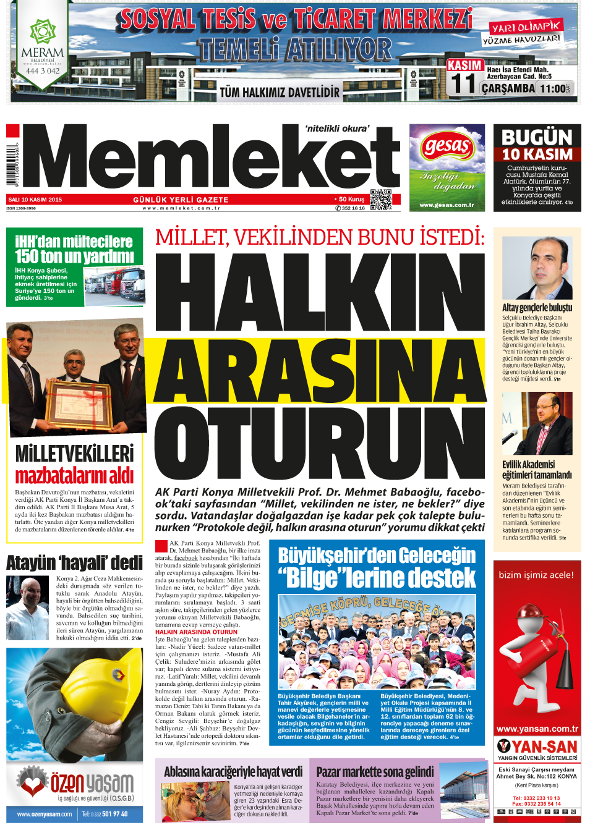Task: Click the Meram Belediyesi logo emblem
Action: tap(43, 31)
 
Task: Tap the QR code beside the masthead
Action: tap(380, 200)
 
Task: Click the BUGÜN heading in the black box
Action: tap(537, 137)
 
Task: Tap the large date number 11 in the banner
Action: tap(463, 84)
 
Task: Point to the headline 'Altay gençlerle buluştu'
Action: tap(537, 307)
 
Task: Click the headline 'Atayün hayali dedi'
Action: tap(74, 563)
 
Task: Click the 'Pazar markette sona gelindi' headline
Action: tap(375, 771)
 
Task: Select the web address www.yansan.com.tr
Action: tap(537, 729)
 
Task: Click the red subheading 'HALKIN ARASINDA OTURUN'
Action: tap(196, 632)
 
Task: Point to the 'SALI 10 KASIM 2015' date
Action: tap(35, 200)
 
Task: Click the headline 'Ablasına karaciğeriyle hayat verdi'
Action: tap(233, 771)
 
